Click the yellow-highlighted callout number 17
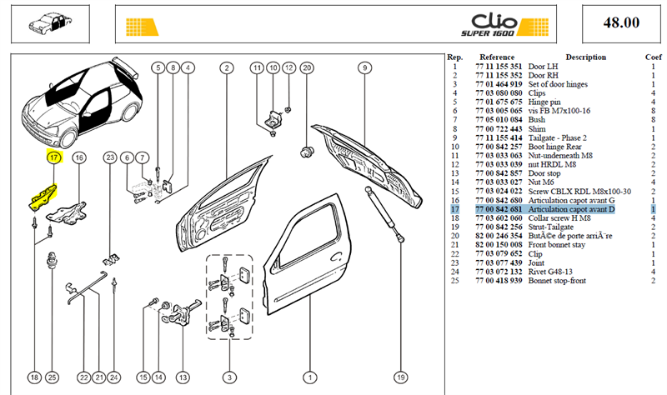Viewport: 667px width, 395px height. (x=54, y=157)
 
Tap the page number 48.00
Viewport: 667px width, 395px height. (x=621, y=22)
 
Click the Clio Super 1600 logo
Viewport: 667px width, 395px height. (x=505, y=25)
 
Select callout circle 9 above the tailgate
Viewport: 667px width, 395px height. (x=364, y=68)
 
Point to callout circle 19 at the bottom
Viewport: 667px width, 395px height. (x=401, y=377)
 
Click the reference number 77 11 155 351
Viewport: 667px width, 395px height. (x=499, y=67)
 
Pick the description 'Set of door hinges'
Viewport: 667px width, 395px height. (x=558, y=84)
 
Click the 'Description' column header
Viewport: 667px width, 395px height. (x=585, y=57)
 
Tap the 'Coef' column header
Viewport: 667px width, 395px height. (x=653, y=57)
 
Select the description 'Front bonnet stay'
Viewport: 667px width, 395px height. (x=556, y=245)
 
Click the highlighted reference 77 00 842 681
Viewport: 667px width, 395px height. (x=499, y=209)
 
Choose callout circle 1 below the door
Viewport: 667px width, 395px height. (x=309, y=377)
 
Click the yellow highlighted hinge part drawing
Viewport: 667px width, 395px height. (x=43, y=197)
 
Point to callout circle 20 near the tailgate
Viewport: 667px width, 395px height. (x=307, y=68)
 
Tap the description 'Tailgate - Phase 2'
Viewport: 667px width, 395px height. (x=557, y=137)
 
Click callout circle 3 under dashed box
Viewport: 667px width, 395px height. (x=230, y=377)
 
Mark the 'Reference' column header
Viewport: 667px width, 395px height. (x=497, y=57)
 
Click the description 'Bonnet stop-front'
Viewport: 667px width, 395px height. (x=557, y=281)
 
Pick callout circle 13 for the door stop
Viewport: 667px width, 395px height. (x=183, y=377)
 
